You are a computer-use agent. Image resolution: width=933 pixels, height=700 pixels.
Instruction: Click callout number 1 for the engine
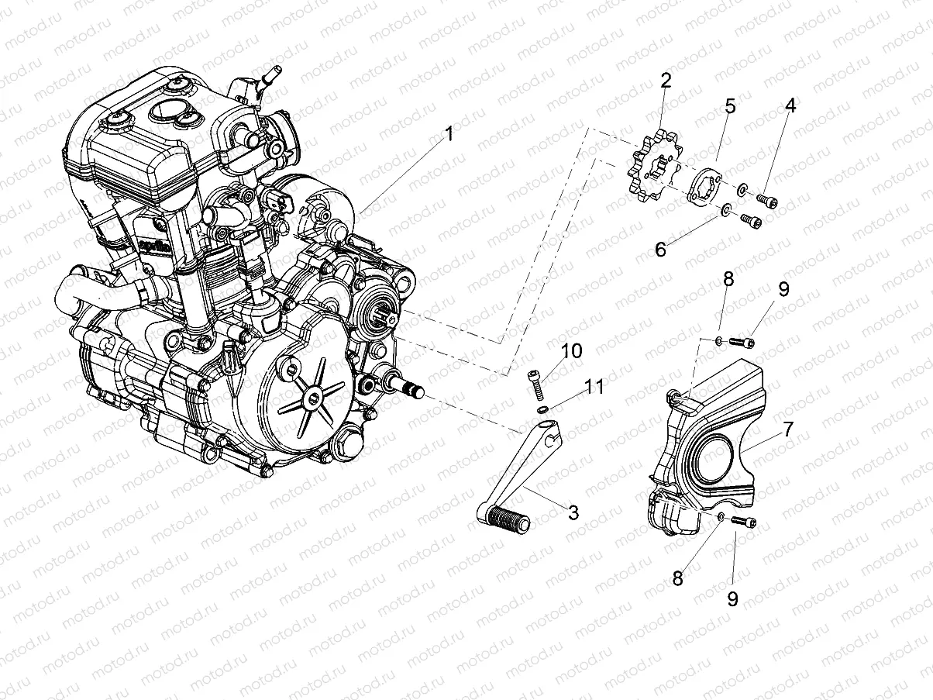click(448, 136)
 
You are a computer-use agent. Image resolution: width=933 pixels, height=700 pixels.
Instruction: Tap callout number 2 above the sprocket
click(666, 80)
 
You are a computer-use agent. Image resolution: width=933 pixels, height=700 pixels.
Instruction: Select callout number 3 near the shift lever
click(573, 512)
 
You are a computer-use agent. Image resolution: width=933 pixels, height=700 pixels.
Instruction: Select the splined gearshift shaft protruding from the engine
click(407, 385)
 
